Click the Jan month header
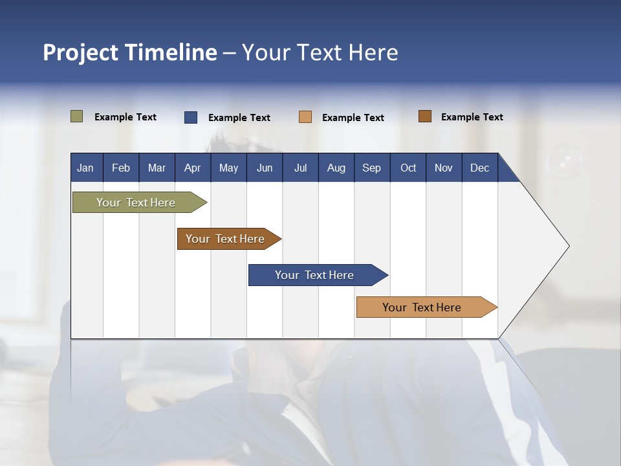click(85, 168)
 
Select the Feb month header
click(121, 168)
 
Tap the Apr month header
click(192, 168)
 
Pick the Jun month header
click(265, 168)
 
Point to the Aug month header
click(336, 168)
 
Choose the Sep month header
click(371, 168)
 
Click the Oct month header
click(408, 168)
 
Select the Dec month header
click(479, 168)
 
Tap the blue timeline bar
click(315, 275)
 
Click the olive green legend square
click(77, 116)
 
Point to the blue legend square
click(191, 117)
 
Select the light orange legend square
click(305, 117)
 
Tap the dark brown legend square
click(425, 116)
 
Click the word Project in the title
click(80, 52)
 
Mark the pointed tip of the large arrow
click(568, 246)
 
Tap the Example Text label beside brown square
click(472, 117)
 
